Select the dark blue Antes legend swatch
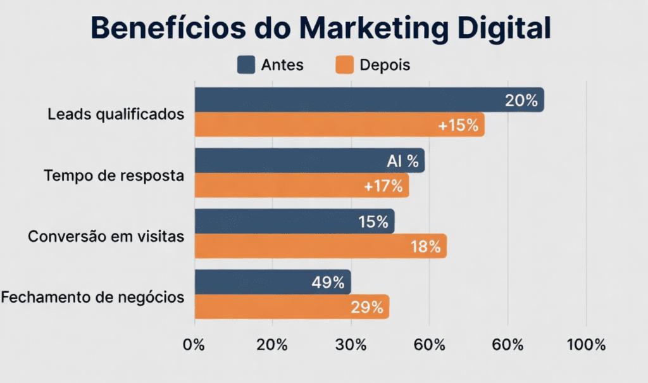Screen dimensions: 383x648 [246, 65]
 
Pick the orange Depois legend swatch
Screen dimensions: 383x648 [344, 65]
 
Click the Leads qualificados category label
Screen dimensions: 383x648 [116, 115]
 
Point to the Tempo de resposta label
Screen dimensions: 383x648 [114, 175]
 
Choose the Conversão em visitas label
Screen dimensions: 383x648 [106, 237]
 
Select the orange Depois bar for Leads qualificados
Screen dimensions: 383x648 [316, 125]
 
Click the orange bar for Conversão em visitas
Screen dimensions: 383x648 [304, 246]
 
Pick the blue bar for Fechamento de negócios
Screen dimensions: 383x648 [253, 282]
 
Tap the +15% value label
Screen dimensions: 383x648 [458, 125]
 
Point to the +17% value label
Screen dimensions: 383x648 [383, 186]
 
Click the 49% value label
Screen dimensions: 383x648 [327, 282]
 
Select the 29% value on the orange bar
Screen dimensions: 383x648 [367, 308]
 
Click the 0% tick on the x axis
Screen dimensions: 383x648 [194, 345]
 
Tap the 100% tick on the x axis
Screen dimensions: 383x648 [587, 345]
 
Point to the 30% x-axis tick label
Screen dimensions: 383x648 [351, 345]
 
